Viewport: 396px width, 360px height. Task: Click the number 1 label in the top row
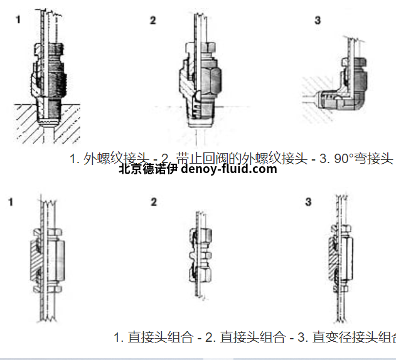[18, 19]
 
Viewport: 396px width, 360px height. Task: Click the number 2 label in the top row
[153, 20]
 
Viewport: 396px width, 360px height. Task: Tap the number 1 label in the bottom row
[11, 202]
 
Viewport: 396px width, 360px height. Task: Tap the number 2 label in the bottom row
[153, 202]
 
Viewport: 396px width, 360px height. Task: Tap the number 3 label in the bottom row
[308, 202]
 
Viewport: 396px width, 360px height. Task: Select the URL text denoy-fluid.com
[228, 169]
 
